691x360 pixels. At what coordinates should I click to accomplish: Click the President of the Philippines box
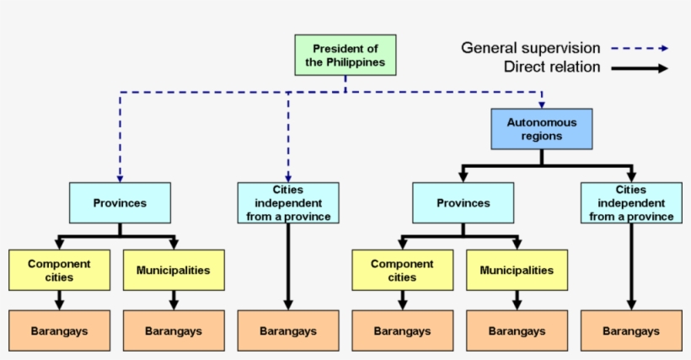(x=345, y=55)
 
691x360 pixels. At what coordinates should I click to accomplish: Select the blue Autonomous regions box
(x=542, y=129)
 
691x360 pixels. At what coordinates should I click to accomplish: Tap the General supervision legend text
(x=530, y=48)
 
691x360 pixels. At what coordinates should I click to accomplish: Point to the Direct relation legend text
(x=552, y=67)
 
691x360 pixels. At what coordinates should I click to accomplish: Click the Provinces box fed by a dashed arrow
(x=120, y=203)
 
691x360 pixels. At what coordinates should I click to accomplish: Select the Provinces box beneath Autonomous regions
(x=463, y=203)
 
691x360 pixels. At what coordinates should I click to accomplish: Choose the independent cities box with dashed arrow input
(x=288, y=203)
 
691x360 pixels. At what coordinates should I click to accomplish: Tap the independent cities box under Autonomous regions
(x=631, y=203)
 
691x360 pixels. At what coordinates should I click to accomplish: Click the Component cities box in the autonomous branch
(x=403, y=270)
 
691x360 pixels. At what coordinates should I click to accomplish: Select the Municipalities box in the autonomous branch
(x=517, y=270)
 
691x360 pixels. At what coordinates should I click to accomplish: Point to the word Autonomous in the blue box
(x=542, y=122)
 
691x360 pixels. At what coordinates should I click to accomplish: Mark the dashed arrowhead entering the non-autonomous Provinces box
(x=120, y=177)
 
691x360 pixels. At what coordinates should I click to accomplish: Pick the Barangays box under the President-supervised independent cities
(x=288, y=331)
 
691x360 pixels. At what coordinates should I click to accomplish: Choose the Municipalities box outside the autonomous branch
(x=174, y=270)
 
